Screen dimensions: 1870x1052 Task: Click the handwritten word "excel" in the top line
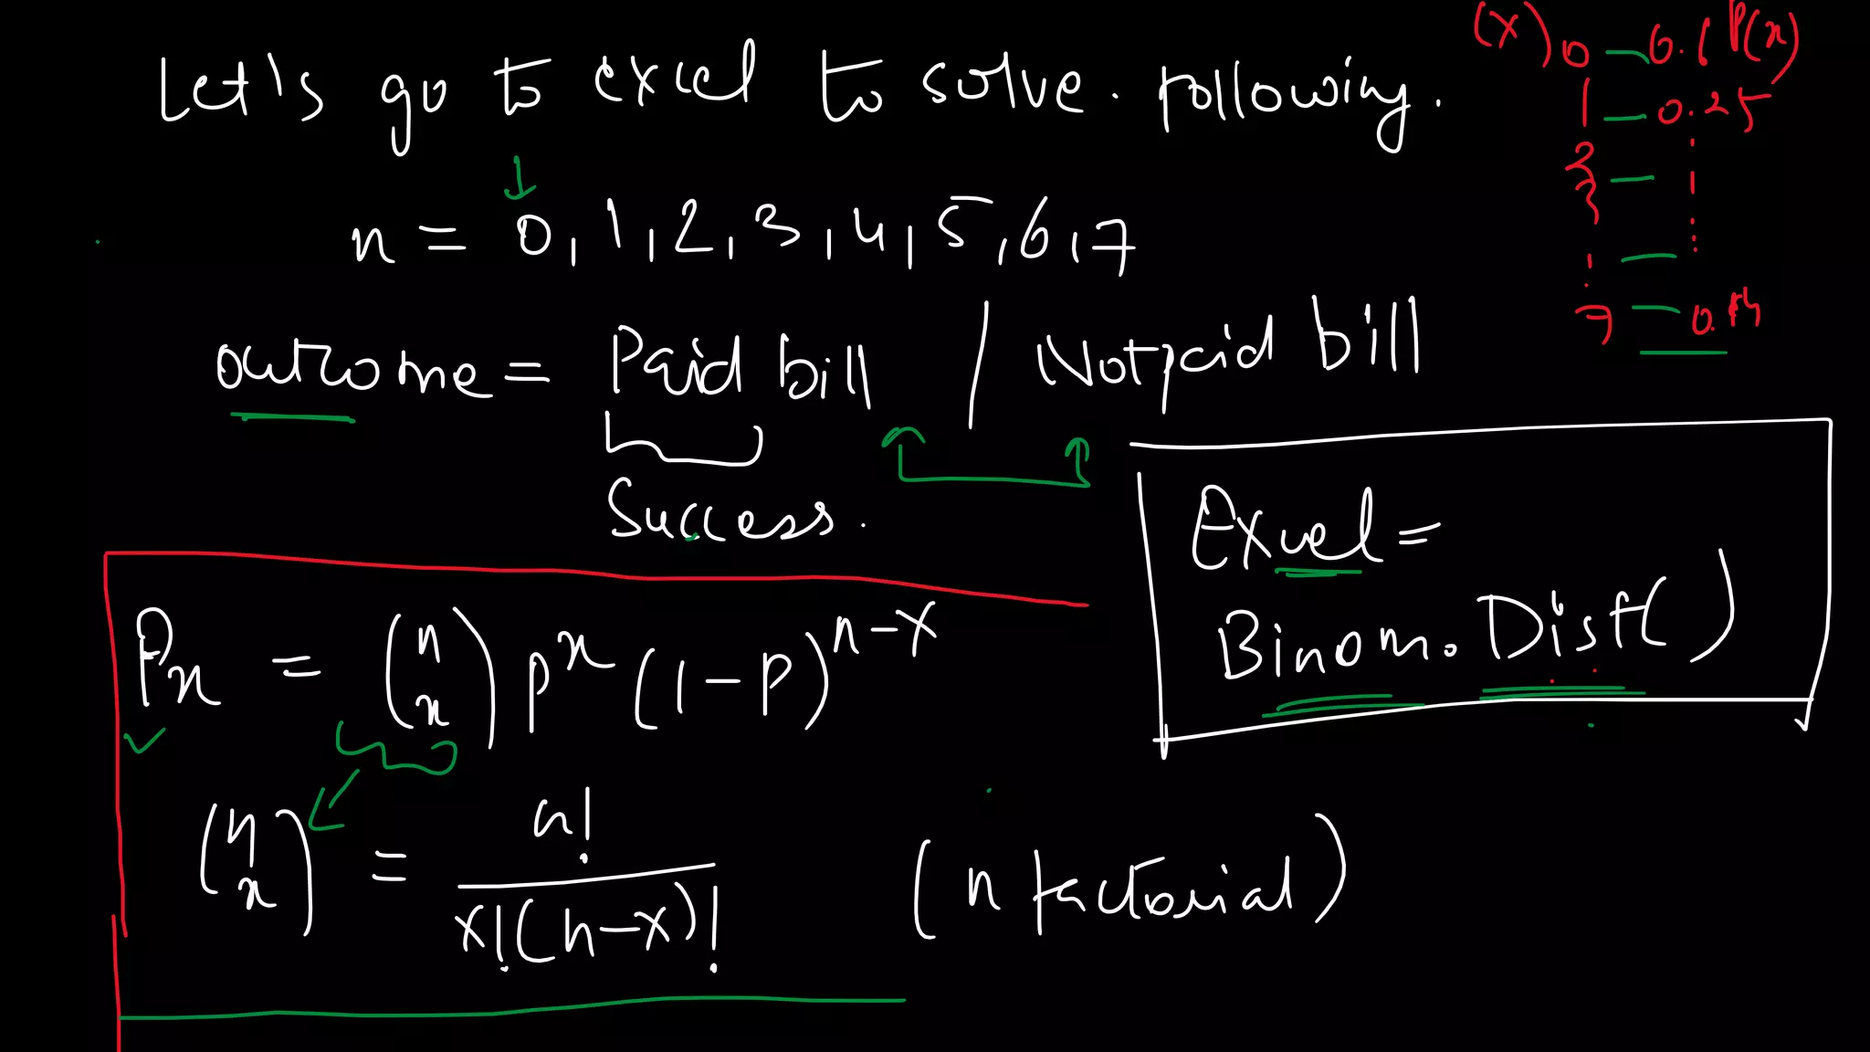[674, 77]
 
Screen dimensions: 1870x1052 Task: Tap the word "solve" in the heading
[1002, 88]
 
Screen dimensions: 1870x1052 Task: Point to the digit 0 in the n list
[534, 237]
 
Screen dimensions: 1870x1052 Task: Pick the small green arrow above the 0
[520, 177]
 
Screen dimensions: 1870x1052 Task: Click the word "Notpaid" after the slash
[1155, 352]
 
